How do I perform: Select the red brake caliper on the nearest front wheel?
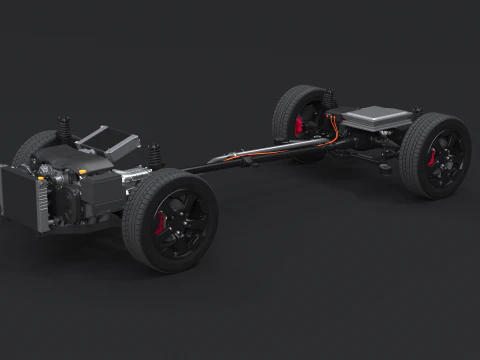click(162, 222)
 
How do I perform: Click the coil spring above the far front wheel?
click(65, 130)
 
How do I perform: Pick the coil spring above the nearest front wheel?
click(155, 157)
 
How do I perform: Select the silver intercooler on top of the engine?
click(107, 141)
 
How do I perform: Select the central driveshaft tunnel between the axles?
click(250, 155)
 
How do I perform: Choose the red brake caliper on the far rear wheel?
click(300, 125)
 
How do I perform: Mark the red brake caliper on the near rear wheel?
click(433, 158)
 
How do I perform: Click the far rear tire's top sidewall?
click(300, 91)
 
